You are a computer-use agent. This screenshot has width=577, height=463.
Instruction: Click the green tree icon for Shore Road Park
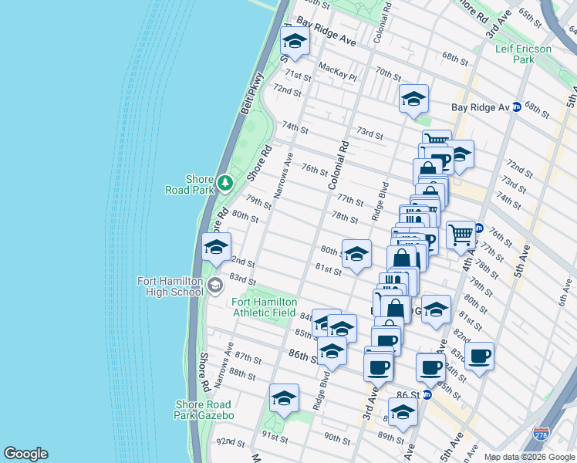pyautogui.click(x=224, y=183)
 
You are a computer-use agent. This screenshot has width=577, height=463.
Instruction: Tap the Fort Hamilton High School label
pyautogui.click(x=170, y=286)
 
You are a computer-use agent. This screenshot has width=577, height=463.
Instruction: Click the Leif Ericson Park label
pyautogui.click(x=524, y=54)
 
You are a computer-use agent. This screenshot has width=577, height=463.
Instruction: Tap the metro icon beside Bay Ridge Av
pyautogui.click(x=517, y=106)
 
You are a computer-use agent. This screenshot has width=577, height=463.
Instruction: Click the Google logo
pyautogui.click(x=25, y=454)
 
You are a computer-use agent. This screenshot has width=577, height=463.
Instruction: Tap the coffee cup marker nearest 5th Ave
pyautogui.click(x=479, y=356)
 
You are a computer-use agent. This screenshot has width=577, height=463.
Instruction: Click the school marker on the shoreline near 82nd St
pyautogui.click(x=215, y=247)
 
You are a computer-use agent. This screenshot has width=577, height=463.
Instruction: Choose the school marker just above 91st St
pyautogui.click(x=284, y=398)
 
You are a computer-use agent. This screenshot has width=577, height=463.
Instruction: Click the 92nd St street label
pyautogui.click(x=230, y=442)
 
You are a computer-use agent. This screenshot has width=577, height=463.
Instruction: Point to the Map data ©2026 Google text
pyautogui.click(x=528, y=457)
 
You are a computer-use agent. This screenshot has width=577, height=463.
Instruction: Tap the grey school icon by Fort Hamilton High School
pyautogui.click(x=214, y=286)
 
